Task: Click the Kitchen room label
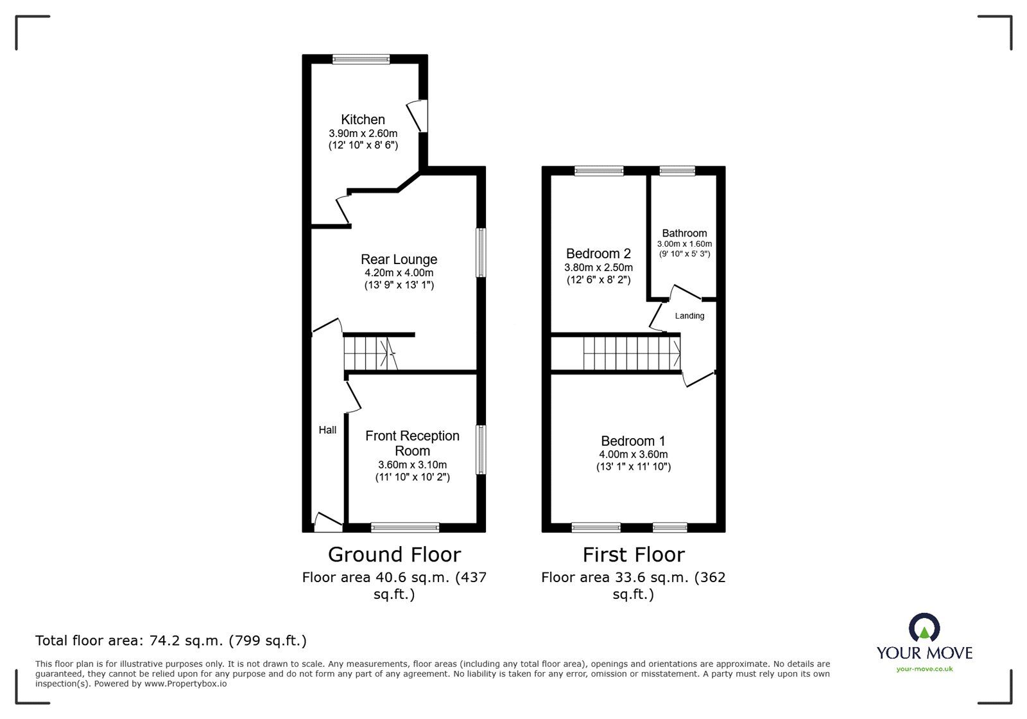(x=363, y=120)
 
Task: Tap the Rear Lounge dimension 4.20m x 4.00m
(x=399, y=273)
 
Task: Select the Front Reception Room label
(x=412, y=443)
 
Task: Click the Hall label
(x=327, y=430)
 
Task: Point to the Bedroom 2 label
(x=598, y=254)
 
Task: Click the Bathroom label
(x=684, y=233)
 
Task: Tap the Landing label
(x=689, y=316)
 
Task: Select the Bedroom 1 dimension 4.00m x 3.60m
(x=633, y=454)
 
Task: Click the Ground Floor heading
(x=394, y=555)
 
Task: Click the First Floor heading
(x=634, y=555)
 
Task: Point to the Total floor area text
(x=171, y=641)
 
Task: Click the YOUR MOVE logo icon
(x=924, y=628)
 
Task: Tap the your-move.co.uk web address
(x=924, y=669)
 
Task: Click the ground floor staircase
(x=370, y=353)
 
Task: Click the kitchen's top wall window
(x=361, y=59)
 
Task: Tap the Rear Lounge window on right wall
(x=481, y=253)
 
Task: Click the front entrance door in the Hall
(x=327, y=522)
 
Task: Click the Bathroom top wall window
(x=677, y=170)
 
